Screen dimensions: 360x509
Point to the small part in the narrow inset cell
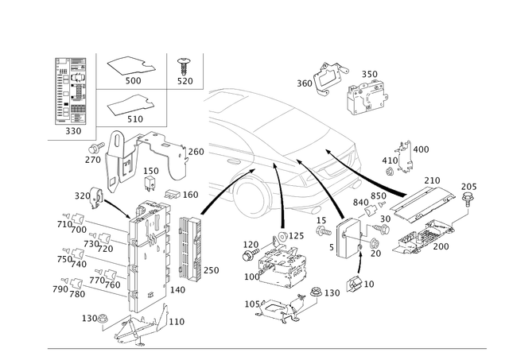coord(185,65)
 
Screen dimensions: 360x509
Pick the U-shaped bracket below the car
coord(345,243)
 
